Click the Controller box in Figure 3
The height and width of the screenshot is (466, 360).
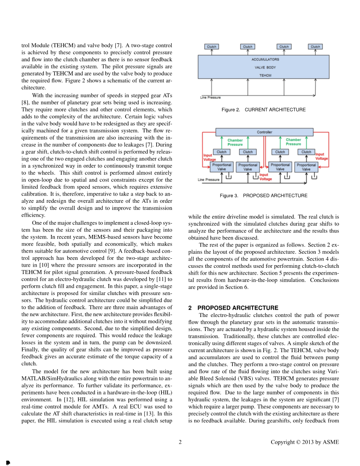point(264,132)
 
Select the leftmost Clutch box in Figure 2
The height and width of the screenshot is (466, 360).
point(211,47)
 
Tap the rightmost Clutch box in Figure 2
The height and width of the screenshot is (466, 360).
point(315,47)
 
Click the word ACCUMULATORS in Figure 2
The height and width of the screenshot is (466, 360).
point(265,59)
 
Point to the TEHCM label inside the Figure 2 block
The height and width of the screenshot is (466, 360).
point(265,75)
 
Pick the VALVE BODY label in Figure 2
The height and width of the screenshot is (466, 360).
point(265,67)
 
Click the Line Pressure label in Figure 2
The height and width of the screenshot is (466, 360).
point(210,98)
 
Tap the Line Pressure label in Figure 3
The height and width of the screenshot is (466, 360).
point(208,180)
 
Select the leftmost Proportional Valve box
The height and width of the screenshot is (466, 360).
point(222,167)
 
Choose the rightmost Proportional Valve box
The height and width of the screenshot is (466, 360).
point(306,167)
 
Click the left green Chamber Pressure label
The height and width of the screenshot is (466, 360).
point(235,142)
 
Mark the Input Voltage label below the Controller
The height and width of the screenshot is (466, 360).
point(265,177)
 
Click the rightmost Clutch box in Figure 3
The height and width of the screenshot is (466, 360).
point(306,152)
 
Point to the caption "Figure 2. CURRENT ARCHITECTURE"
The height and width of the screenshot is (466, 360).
point(264,110)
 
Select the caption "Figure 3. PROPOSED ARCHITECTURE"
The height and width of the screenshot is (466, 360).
point(264,196)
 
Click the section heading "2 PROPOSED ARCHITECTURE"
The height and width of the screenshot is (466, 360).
point(233,308)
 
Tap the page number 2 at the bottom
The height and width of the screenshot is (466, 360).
point(180,442)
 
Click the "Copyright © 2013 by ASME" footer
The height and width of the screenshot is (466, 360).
point(305,442)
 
